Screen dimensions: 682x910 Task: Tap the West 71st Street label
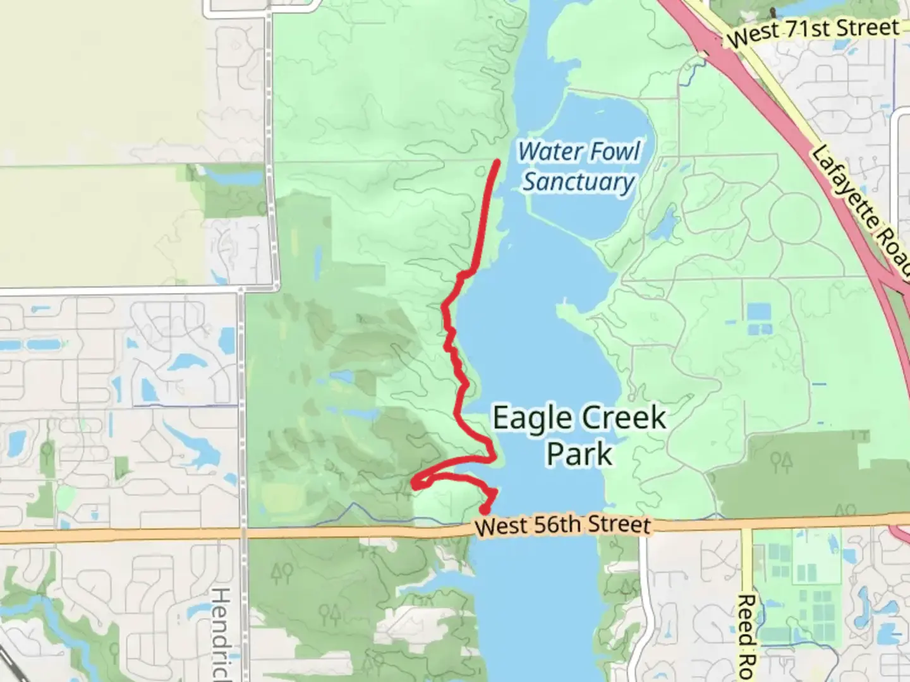click(813, 32)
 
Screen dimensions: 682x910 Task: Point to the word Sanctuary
click(578, 182)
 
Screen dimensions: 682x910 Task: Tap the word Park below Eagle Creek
click(579, 453)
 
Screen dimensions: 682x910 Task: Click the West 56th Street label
click(562, 525)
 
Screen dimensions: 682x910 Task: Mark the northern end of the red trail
click(497, 163)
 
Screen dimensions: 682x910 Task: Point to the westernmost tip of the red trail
click(415, 484)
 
